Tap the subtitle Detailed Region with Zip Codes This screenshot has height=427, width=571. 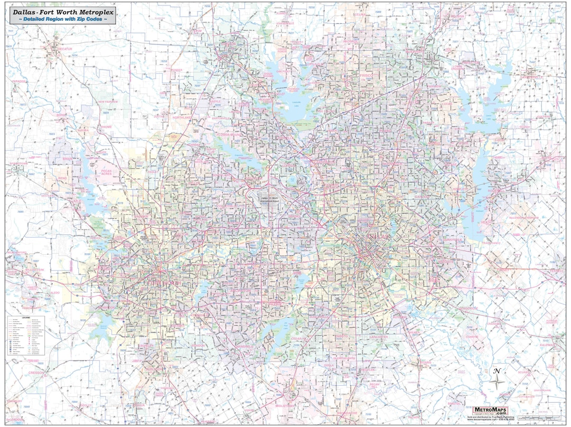[62, 18]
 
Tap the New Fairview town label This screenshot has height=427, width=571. [108, 101]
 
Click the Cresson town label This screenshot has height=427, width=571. [36, 373]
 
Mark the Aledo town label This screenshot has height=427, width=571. [55, 292]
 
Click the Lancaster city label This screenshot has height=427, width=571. [379, 337]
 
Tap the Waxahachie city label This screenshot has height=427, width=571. [351, 413]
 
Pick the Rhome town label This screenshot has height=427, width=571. [107, 127]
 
